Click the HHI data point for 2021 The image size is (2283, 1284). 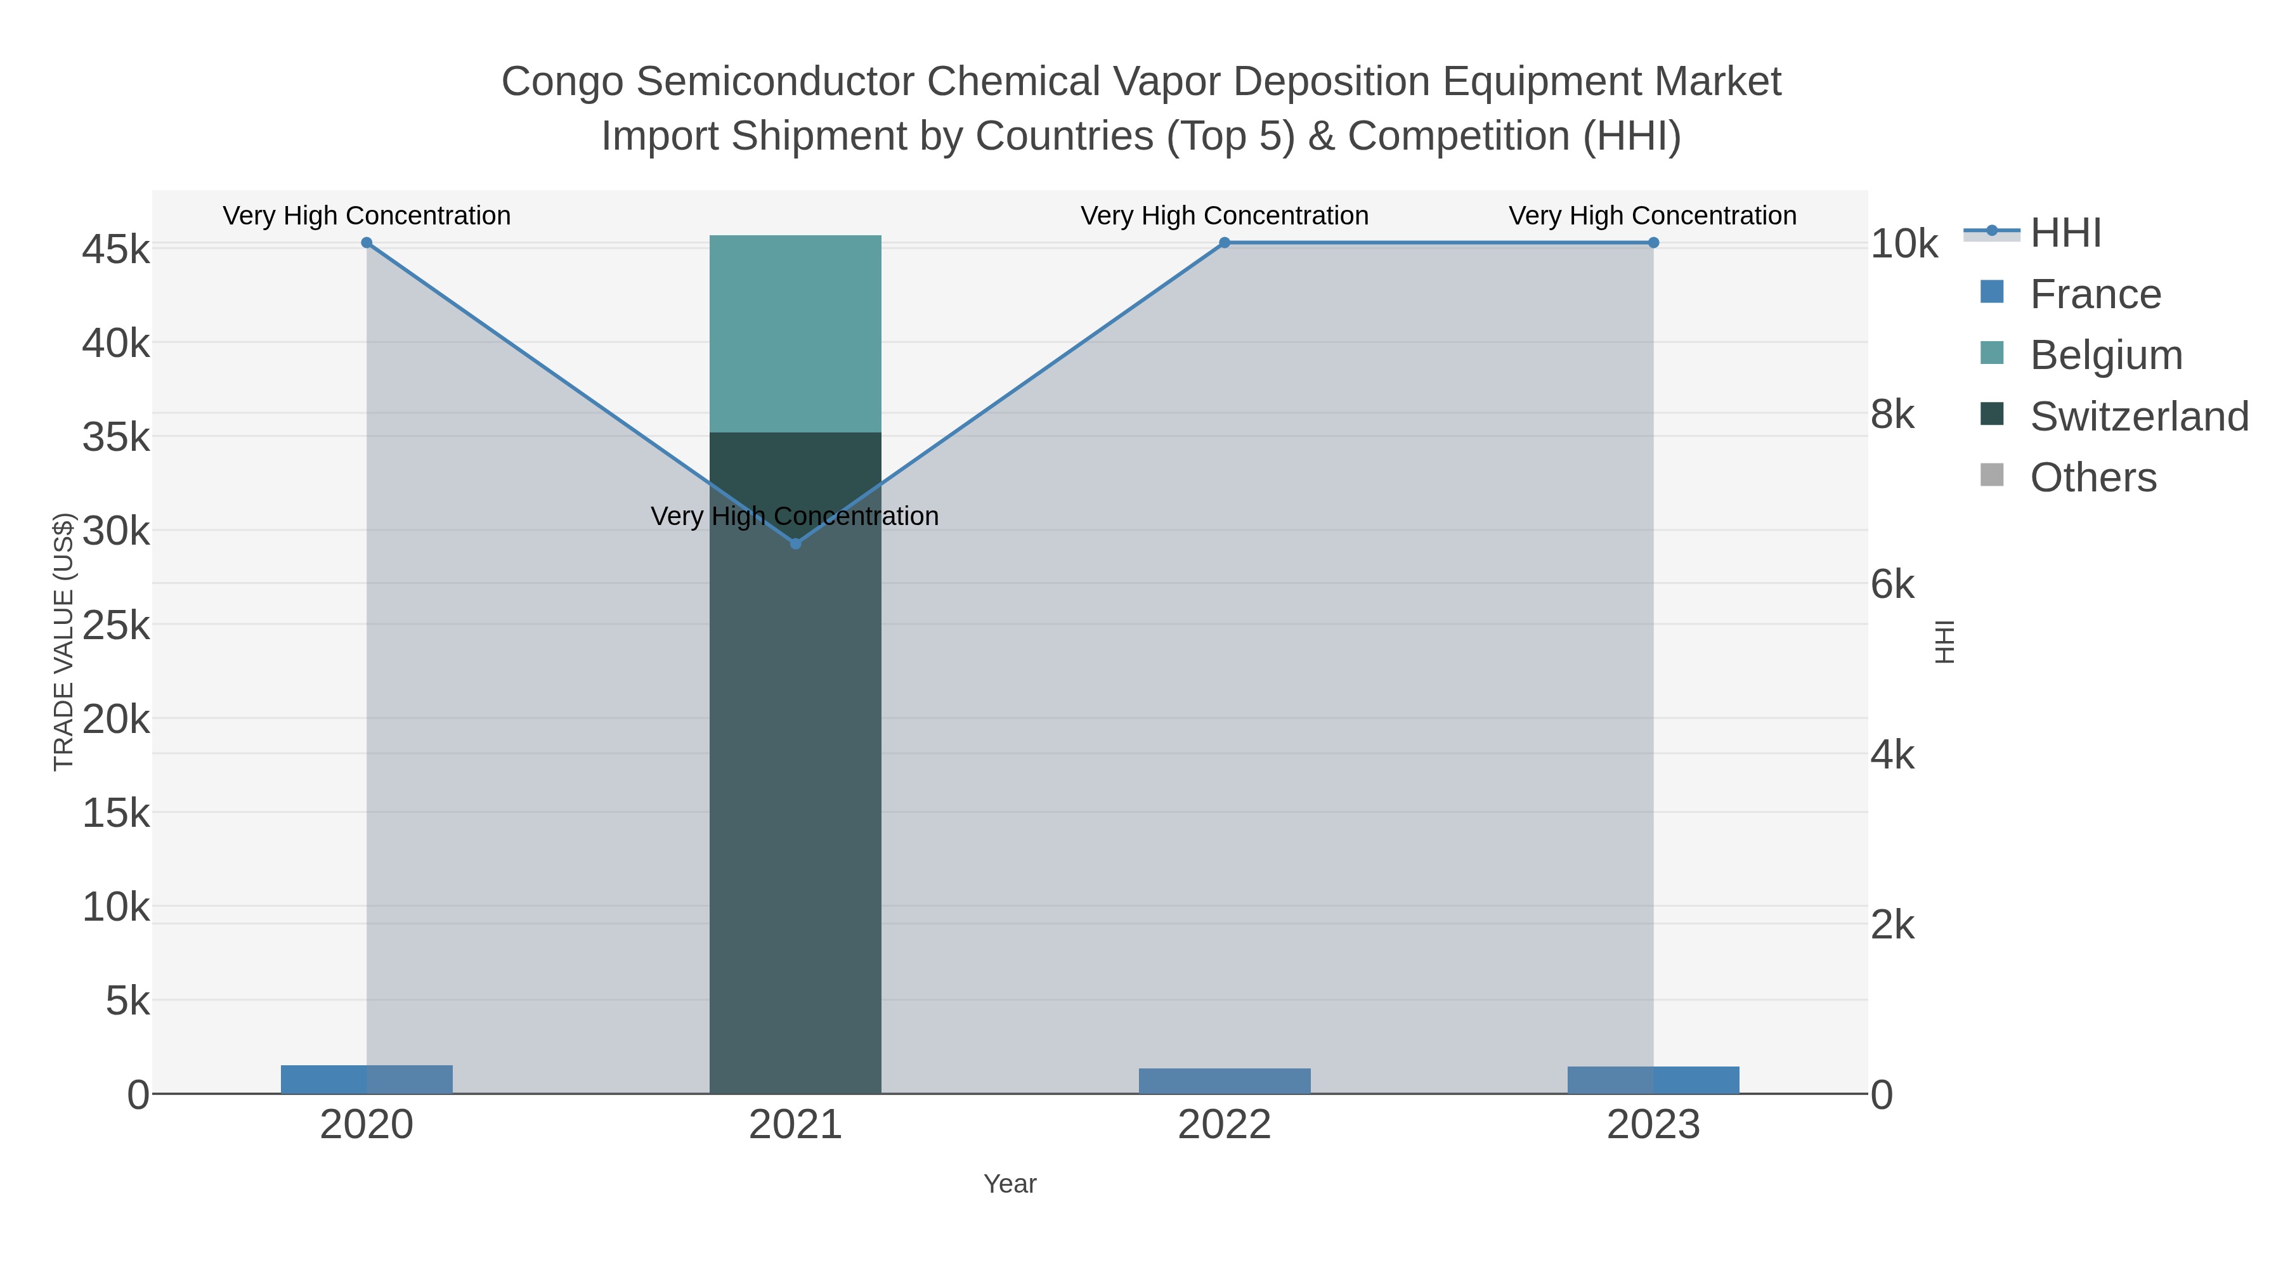pyautogui.click(x=795, y=543)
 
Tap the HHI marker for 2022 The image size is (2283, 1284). pyautogui.click(x=1224, y=243)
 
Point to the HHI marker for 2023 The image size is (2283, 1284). pyautogui.click(x=1653, y=243)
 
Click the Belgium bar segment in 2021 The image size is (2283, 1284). pyautogui.click(x=795, y=334)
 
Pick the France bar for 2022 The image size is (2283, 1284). pyautogui.click(x=1224, y=1081)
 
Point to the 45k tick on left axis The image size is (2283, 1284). pyautogui.click(x=116, y=250)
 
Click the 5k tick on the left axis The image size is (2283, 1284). pyautogui.click(x=127, y=1001)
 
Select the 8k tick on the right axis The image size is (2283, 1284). pyautogui.click(x=1892, y=415)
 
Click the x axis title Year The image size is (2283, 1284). pyautogui.click(x=1010, y=1184)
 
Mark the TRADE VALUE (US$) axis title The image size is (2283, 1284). pyautogui.click(x=64, y=642)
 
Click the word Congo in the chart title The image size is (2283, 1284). pyautogui.click(x=564, y=82)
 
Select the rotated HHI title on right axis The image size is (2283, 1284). pyautogui.click(x=1944, y=642)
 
